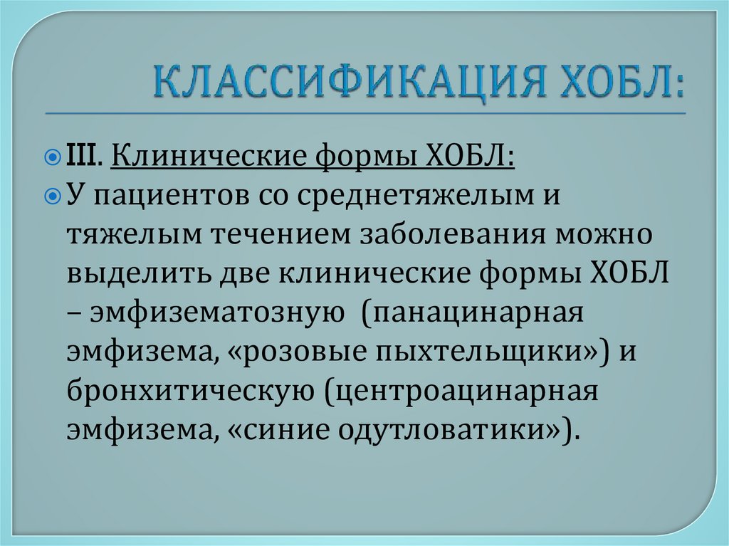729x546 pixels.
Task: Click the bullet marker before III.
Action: pos(58,156)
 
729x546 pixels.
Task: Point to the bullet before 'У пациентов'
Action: pos(58,194)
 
